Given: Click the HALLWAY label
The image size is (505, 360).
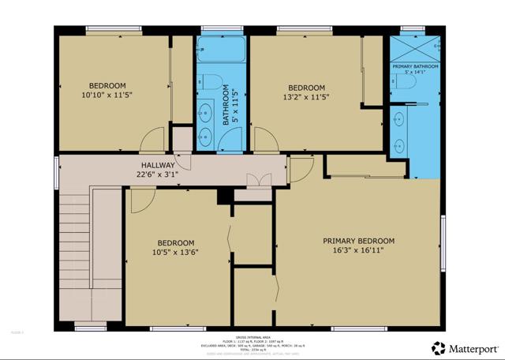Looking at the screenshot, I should point(158,165).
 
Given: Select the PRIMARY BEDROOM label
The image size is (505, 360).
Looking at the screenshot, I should point(358,241).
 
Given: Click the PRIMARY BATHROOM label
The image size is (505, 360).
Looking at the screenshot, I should point(414,66).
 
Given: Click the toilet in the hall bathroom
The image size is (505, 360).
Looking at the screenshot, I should point(207,81).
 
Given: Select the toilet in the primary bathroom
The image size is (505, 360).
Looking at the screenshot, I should point(402,83).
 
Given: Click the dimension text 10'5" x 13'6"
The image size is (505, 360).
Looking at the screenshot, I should point(177,253).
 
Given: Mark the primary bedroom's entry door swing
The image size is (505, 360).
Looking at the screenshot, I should point(300,167).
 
